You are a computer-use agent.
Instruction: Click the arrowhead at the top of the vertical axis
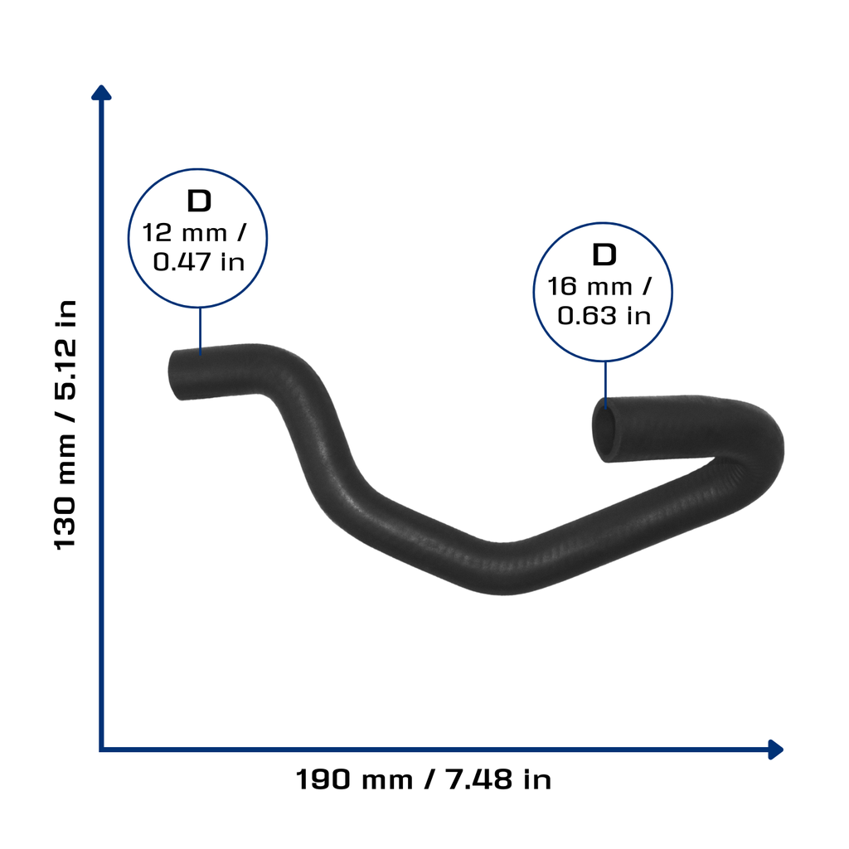(x=101, y=93)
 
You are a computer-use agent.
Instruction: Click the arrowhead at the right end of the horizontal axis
(x=775, y=750)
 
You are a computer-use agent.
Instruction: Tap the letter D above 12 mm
(x=199, y=201)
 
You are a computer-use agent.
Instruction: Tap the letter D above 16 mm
(x=604, y=255)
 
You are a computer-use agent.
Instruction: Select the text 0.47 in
(x=199, y=262)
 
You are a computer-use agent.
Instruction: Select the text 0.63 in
(x=604, y=316)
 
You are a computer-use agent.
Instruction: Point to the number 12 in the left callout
(x=157, y=233)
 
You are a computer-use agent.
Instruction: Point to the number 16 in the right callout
(x=562, y=286)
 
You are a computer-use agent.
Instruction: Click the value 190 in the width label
(x=323, y=780)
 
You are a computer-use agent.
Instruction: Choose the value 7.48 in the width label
(x=478, y=780)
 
